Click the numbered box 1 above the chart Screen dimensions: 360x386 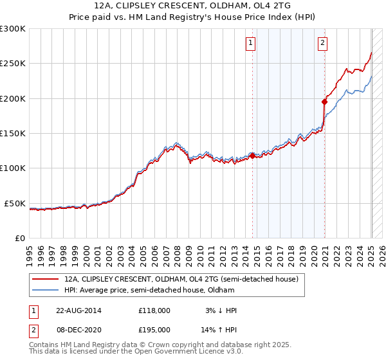point(250,44)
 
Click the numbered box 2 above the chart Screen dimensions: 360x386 point(322,44)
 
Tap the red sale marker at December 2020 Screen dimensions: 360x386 point(325,101)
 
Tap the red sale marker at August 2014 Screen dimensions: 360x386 point(252,155)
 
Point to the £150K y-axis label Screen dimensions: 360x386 point(13,133)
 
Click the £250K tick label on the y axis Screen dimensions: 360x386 point(13,64)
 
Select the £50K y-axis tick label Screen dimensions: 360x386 point(15,203)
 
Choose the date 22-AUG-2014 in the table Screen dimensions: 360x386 point(78,310)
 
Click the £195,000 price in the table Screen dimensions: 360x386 point(154,329)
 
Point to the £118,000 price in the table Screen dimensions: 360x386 point(154,310)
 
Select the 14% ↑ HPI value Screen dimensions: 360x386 point(218,329)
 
